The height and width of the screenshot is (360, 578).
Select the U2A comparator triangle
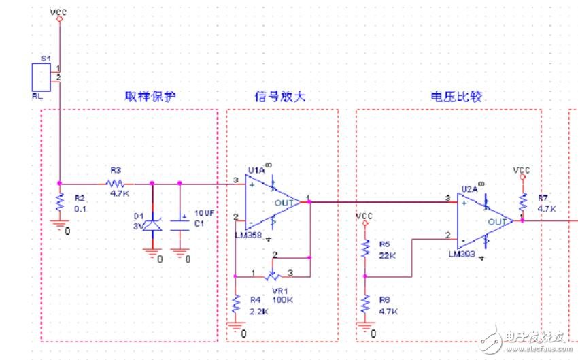click(x=483, y=219)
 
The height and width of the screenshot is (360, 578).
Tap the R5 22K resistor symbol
click(x=365, y=249)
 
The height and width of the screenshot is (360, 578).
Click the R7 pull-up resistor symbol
click(x=522, y=201)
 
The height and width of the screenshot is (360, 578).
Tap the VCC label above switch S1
click(x=59, y=11)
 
